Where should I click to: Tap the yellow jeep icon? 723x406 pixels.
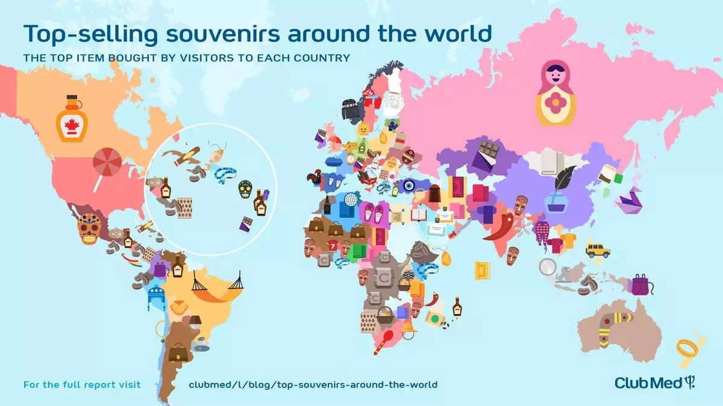pos(598,250)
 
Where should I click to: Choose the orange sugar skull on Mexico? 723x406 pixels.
pos(88,228)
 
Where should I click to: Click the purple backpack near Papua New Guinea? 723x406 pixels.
pos(640,285)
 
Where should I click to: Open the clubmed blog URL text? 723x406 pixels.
pos(313,384)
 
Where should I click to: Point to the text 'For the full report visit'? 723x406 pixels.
pos(82,384)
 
